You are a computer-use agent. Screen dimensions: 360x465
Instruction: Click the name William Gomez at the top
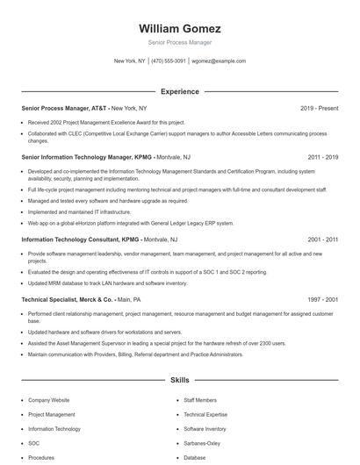point(179,28)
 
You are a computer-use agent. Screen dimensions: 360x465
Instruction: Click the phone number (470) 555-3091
point(169,61)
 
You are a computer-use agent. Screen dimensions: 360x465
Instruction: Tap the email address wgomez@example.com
point(219,61)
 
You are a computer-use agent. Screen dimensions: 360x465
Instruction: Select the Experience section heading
point(179,91)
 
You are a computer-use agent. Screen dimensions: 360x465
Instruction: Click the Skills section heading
point(179,381)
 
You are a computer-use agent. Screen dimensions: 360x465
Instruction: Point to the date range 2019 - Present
point(319,108)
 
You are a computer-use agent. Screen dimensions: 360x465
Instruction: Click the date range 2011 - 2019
point(323,157)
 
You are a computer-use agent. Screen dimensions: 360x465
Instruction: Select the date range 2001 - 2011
point(323,239)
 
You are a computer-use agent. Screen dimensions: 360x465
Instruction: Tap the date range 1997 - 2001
point(323,299)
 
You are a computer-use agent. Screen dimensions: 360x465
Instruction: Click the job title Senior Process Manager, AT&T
point(63,108)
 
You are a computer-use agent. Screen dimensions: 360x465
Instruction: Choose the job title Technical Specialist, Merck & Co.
point(68,299)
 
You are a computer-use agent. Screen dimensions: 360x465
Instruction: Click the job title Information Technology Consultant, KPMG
point(80,239)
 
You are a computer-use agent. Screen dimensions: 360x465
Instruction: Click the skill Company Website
point(48,399)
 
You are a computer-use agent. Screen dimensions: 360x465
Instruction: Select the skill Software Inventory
point(205,429)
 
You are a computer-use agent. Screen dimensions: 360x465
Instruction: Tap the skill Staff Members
point(199,399)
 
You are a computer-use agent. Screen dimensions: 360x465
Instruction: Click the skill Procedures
point(41,457)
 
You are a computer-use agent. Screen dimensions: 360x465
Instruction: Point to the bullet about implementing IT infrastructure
point(79,211)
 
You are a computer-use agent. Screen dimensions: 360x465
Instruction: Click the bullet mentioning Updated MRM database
point(107,283)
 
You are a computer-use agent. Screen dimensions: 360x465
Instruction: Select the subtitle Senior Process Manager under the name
point(179,42)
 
